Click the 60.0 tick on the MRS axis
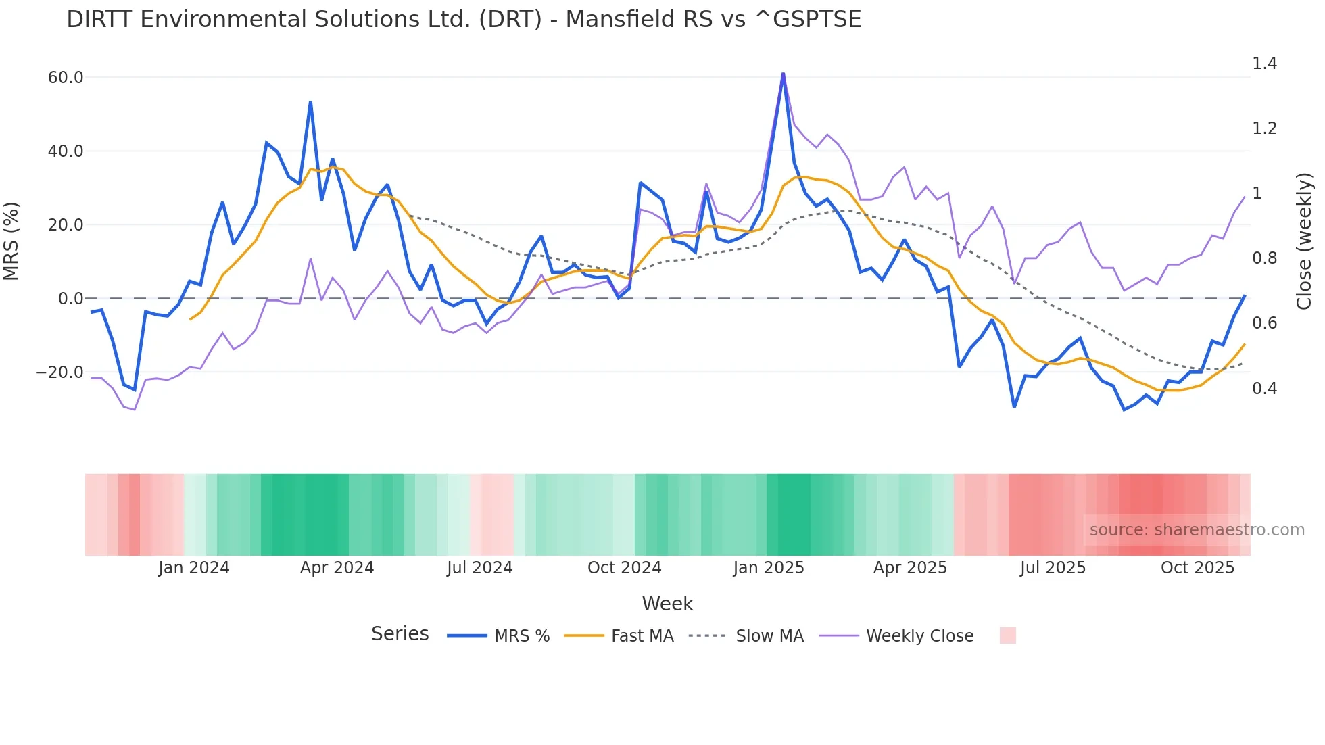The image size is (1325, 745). pos(66,78)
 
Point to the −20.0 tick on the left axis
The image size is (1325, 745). pos(60,372)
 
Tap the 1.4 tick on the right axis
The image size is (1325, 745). pos(1264,64)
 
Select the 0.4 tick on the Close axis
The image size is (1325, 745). pos(1264,389)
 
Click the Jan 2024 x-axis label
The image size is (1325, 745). pos(194,568)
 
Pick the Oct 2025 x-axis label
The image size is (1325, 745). pos(1197,568)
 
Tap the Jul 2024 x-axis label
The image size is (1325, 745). pos(480,568)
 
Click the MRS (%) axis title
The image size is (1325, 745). pos(11,241)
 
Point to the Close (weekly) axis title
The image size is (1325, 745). pos(1304,241)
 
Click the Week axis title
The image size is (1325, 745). pos(667,604)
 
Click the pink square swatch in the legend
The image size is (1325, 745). pos(1007,635)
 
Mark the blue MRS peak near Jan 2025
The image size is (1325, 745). pos(783,74)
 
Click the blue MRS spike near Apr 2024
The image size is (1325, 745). pos(310,103)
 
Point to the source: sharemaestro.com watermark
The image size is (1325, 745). pos(1197,530)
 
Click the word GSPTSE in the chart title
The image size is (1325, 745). pos(817,20)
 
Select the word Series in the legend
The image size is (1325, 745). pos(400,634)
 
